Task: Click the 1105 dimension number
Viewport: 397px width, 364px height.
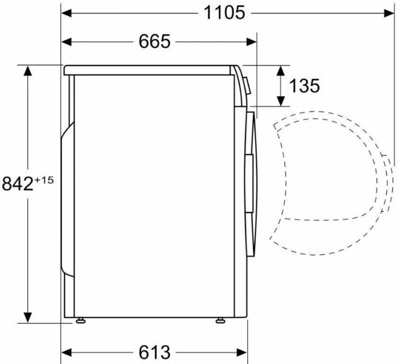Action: tap(224, 13)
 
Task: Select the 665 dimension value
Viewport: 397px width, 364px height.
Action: tap(154, 42)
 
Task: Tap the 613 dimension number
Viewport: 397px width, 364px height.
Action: tap(154, 352)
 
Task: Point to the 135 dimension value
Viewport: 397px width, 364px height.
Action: tap(304, 85)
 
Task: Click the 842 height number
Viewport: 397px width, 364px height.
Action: tap(18, 183)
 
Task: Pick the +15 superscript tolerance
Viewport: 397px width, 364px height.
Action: tap(44, 180)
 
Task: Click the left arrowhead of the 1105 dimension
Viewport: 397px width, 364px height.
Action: tap(67, 13)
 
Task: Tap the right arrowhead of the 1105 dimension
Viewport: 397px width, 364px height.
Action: tap(389, 13)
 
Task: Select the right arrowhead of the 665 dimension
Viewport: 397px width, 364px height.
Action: tap(251, 42)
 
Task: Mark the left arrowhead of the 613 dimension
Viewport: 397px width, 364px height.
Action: tap(67, 352)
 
